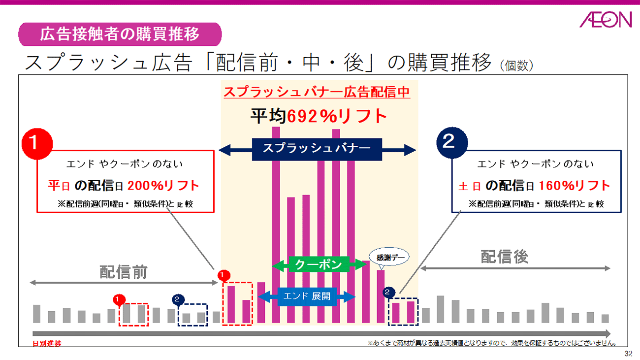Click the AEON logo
[x=605, y=20]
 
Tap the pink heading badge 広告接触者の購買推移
[x=120, y=34]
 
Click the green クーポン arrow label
[x=318, y=264]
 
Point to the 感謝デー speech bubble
[x=389, y=257]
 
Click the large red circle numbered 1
[x=37, y=143]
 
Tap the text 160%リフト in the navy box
[x=575, y=186]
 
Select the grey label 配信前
[x=124, y=272]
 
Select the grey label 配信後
[x=504, y=257]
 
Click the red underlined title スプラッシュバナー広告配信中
[x=317, y=92]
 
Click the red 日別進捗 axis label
[x=47, y=344]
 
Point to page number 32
[x=628, y=354]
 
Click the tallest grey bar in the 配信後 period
[x=441, y=309]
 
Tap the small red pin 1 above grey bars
[x=118, y=298]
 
